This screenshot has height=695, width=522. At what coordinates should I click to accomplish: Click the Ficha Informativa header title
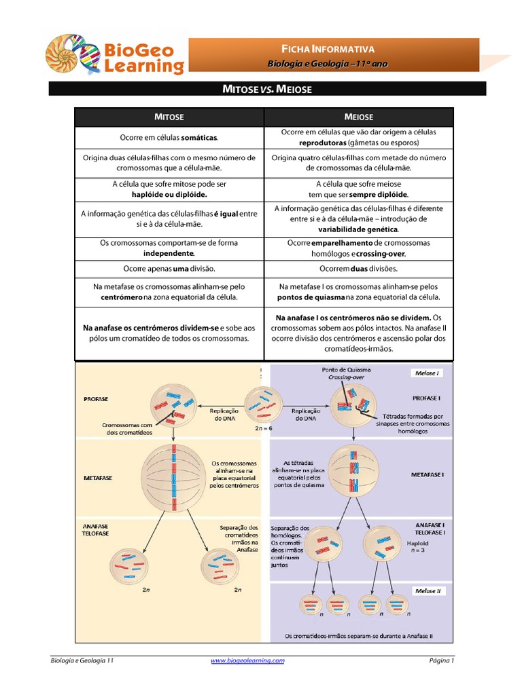coord(328,49)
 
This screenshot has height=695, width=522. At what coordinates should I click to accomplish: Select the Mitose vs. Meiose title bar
coord(267,88)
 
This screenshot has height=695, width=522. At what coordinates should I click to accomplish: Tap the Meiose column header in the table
coord(359,117)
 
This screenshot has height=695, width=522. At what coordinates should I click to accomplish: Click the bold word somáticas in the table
coord(198,138)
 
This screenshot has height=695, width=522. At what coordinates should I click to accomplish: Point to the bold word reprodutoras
coord(322,143)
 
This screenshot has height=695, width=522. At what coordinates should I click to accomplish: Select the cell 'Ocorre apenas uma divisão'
coord(169,268)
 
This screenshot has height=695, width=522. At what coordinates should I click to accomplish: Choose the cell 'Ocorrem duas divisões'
coord(359,268)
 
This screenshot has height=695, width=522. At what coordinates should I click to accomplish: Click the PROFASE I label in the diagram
coord(426,397)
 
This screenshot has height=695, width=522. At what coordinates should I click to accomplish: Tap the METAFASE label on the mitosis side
coord(98,477)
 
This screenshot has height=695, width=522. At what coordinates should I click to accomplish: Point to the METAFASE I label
coord(427,474)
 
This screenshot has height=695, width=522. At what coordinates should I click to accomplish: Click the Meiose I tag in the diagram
coord(426,373)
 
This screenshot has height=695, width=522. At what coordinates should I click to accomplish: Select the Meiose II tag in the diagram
coord(428,590)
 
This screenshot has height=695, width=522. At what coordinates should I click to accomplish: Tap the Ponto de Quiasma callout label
coord(346,369)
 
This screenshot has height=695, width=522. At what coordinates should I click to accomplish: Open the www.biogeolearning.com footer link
coord(247,660)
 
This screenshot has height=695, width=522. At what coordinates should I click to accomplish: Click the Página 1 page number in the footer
coord(441,660)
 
